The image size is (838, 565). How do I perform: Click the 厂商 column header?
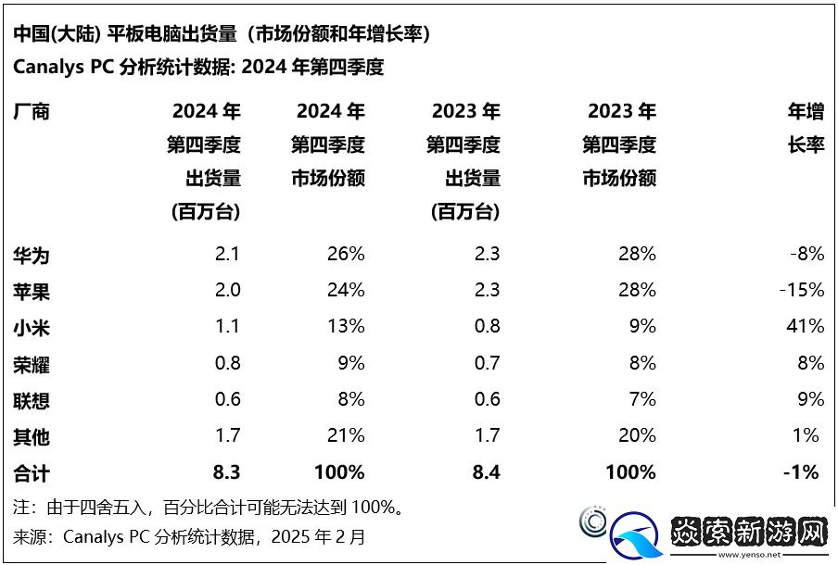32,112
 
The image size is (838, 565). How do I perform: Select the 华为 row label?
32,254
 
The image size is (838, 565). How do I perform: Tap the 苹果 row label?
32,291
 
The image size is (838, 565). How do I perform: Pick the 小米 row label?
32,327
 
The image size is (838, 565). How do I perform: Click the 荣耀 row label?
32,363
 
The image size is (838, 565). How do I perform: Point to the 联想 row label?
32,399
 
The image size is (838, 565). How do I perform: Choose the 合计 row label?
32,472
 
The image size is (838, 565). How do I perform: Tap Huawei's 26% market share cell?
345,254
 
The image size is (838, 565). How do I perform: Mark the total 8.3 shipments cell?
226,472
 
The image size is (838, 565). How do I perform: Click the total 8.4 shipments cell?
485,472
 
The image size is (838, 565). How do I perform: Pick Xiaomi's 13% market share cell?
345,326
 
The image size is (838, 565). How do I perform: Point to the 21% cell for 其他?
345,435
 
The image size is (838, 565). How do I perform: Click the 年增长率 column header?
805,129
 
